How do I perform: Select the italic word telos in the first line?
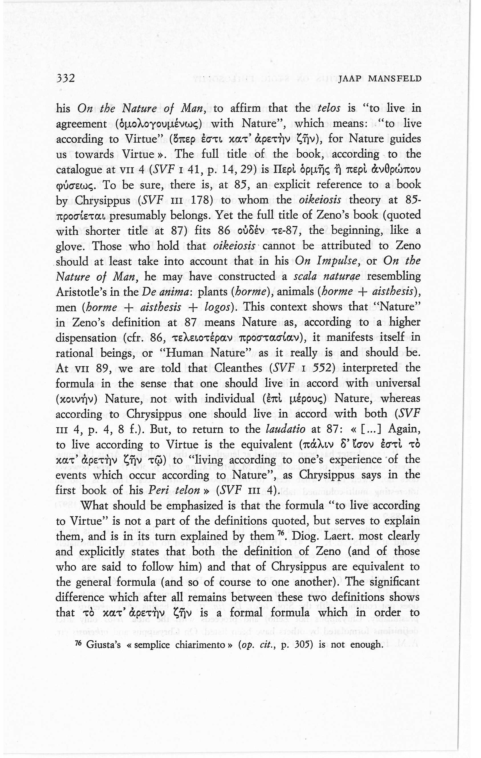point(329,108)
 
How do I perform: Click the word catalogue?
point(83,170)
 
